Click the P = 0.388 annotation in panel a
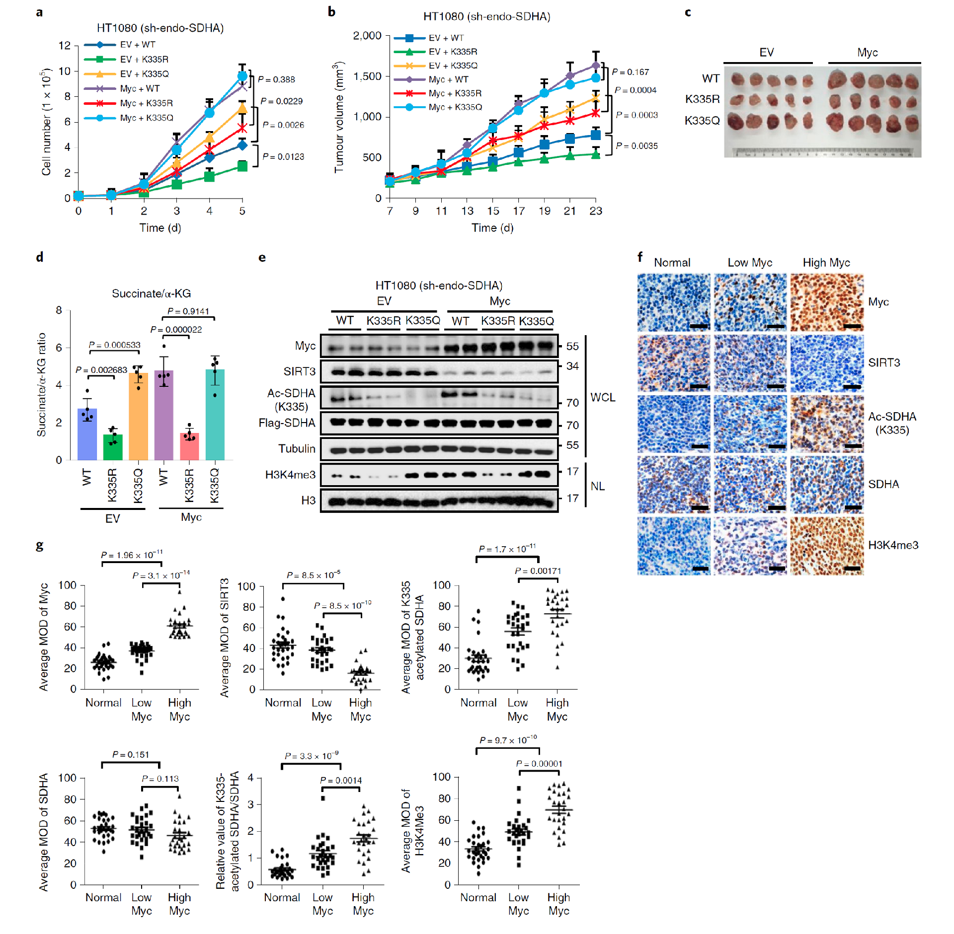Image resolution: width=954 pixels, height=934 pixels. [276, 79]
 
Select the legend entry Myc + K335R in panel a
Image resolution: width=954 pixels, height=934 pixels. [146, 103]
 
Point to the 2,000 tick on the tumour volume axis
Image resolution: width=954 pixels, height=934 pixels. [367, 36]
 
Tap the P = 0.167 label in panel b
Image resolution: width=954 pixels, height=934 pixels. [630, 72]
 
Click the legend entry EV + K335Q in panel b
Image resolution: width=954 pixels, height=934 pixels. [453, 66]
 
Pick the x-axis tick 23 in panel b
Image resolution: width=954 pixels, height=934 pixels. [595, 211]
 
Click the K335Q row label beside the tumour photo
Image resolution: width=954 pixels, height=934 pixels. [702, 121]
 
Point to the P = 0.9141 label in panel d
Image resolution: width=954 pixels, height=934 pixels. [188, 311]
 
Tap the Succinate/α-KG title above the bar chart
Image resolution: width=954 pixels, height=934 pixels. [151, 293]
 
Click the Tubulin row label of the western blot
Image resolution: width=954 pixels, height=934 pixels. [297, 449]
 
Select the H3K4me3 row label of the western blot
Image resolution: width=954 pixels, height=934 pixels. [290, 475]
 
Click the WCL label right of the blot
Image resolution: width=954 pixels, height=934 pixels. [603, 397]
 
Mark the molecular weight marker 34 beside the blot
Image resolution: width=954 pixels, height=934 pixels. [572, 366]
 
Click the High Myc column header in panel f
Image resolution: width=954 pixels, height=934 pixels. [826, 263]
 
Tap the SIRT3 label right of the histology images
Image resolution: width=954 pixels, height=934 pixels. [883, 363]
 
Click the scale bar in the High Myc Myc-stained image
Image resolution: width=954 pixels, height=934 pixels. [852, 326]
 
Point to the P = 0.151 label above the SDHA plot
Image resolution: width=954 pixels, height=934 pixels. [131, 755]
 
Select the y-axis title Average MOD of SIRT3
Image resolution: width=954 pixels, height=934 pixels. [225, 638]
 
